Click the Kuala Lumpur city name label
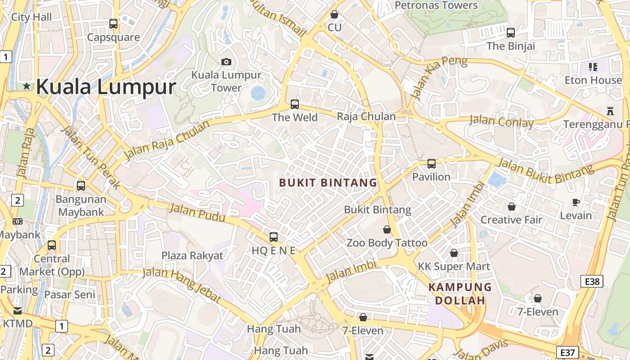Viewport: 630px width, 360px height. click(x=106, y=86)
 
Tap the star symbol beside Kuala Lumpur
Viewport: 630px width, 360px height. click(x=27, y=85)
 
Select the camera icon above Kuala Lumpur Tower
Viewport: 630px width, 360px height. click(x=226, y=62)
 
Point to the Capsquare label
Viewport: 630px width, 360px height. click(x=113, y=37)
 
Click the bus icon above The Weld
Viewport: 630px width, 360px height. click(x=295, y=104)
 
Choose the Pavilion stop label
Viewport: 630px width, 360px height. click(x=431, y=177)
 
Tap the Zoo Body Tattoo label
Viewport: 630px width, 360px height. click(x=387, y=243)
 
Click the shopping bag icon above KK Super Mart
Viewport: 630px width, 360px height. click(x=454, y=253)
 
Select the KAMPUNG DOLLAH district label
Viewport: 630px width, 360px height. click(x=460, y=293)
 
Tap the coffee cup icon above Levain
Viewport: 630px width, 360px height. click(x=576, y=202)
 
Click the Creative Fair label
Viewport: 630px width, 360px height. click(x=512, y=220)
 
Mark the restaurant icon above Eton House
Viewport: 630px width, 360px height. click(x=593, y=67)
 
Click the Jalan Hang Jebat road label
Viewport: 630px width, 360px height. click(x=182, y=285)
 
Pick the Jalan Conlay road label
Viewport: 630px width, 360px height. click(x=501, y=121)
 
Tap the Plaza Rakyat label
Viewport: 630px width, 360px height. click(x=192, y=256)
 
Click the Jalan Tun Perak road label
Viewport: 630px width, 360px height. click(x=90, y=158)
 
